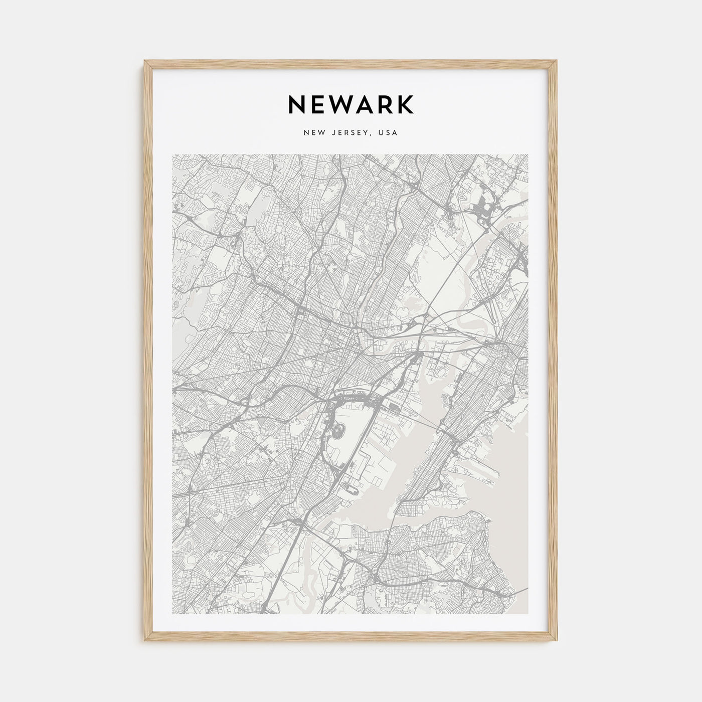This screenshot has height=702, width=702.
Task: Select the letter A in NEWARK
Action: click(x=365, y=104)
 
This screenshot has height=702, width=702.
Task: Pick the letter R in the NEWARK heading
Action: click(x=385, y=104)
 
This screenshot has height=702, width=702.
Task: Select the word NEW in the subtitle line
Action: click(x=314, y=133)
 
